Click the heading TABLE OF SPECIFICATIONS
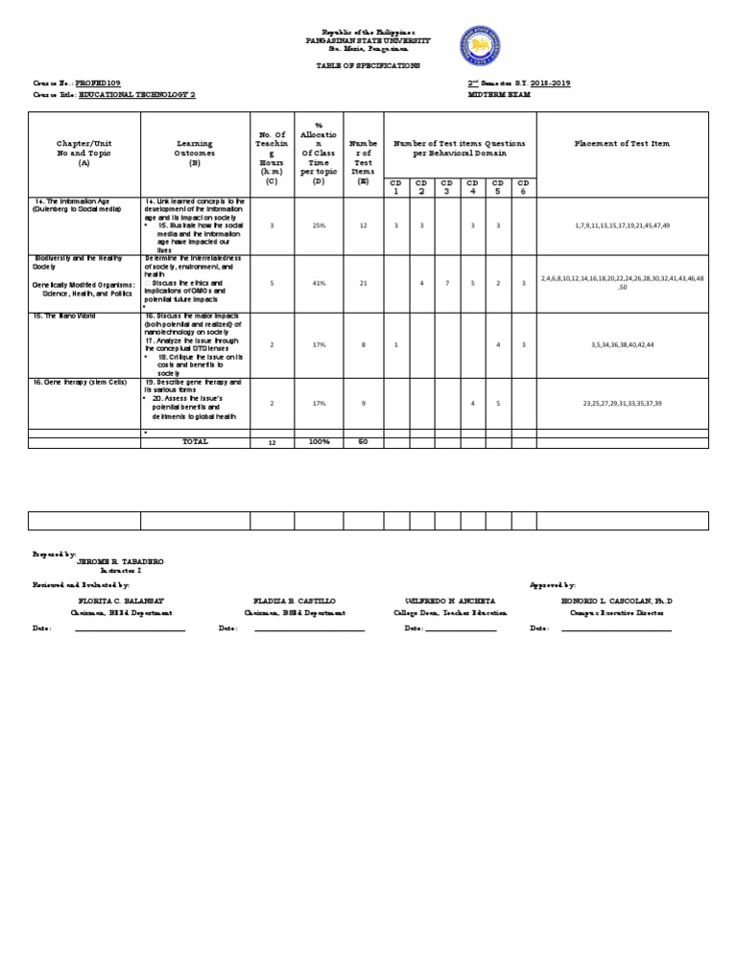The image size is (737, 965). [x=368, y=65]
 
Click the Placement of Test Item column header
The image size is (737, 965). [x=622, y=143]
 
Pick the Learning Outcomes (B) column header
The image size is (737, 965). [x=195, y=152]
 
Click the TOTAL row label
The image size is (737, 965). [x=195, y=441]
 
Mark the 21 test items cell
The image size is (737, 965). [x=362, y=283]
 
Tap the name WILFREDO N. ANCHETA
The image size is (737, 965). [x=450, y=600]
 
